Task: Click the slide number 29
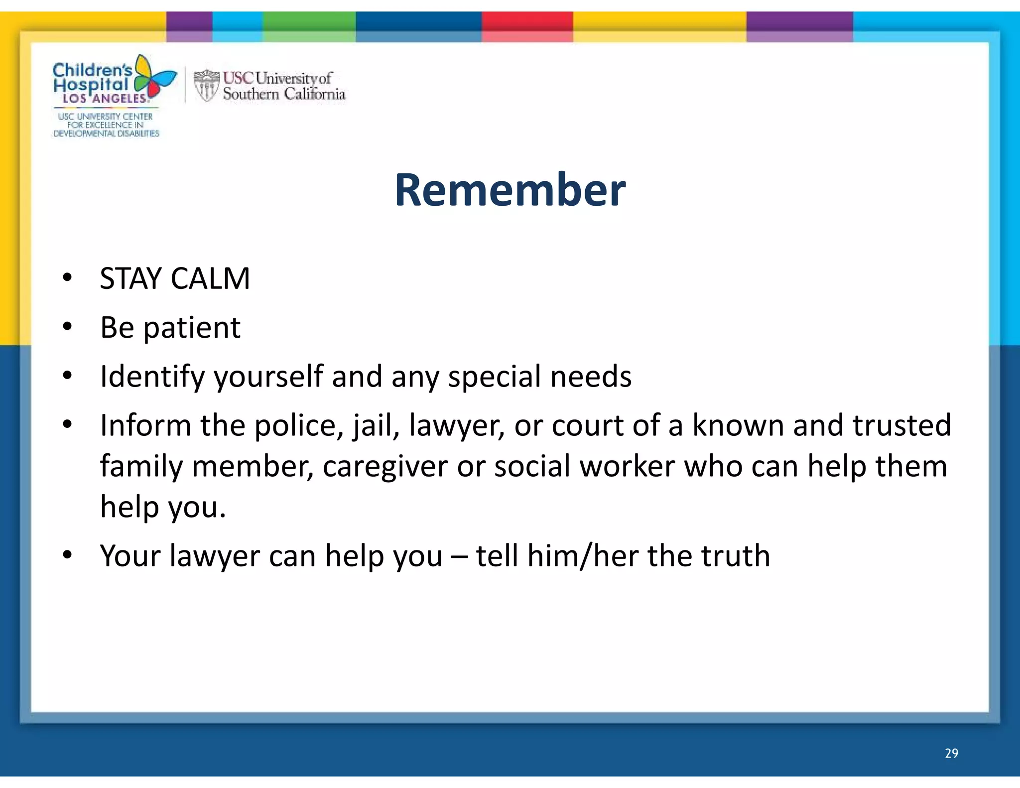(951, 753)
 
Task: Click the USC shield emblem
(206, 85)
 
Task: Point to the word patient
(192, 328)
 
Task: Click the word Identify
(152, 377)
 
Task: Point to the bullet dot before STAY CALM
(68, 278)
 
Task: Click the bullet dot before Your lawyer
(68, 555)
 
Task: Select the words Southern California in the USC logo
(284, 94)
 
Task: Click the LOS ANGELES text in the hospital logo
(105, 99)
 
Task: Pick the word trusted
(901, 426)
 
